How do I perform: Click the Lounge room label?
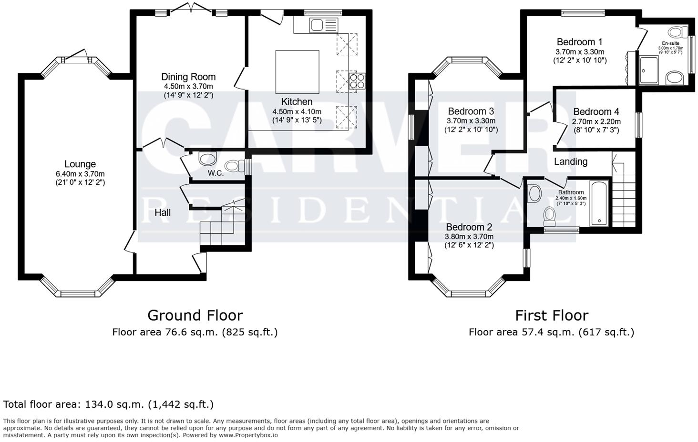coord(80,164)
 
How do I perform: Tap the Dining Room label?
coord(188,77)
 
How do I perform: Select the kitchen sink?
coord(317,25)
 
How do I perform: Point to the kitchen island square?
coord(297,71)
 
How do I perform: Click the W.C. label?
coord(216,173)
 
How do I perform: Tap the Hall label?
coord(163,213)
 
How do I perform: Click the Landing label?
coord(570,161)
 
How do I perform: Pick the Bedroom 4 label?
coord(596,112)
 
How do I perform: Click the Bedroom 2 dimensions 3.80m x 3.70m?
coord(469,237)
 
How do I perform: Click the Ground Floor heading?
coord(195,315)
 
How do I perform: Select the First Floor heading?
coord(552,315)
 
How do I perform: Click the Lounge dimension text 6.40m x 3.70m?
coord(80,174)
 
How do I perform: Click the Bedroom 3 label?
coord(471,111)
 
